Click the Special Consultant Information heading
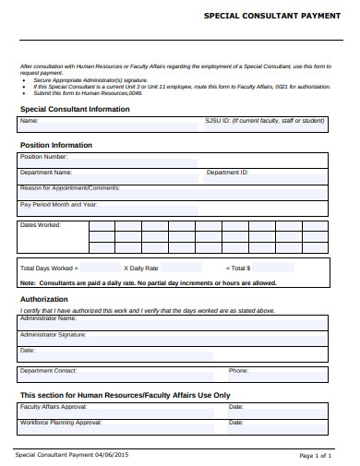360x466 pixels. tap(75, 109)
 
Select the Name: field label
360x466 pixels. tap(30, 121)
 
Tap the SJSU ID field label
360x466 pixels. tap(264, 121)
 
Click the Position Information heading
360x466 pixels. tap(56, 145)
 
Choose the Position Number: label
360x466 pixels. tap(44, 157)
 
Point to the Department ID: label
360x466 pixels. tap(227, 173)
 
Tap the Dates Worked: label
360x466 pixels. tap(41, 225)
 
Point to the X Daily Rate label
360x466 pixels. tap(142, 268)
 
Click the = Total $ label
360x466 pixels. tap(235, 268)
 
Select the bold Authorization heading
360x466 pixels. tap(44, 299)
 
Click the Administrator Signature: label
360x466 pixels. tap(54, 335)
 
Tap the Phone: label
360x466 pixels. tap(238, 370)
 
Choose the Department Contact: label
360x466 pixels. tap(49, 370)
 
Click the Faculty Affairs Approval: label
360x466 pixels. tap(54, 406)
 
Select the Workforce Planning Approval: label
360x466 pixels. tap(61, 422)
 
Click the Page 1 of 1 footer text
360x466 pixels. tap(316, 456)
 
